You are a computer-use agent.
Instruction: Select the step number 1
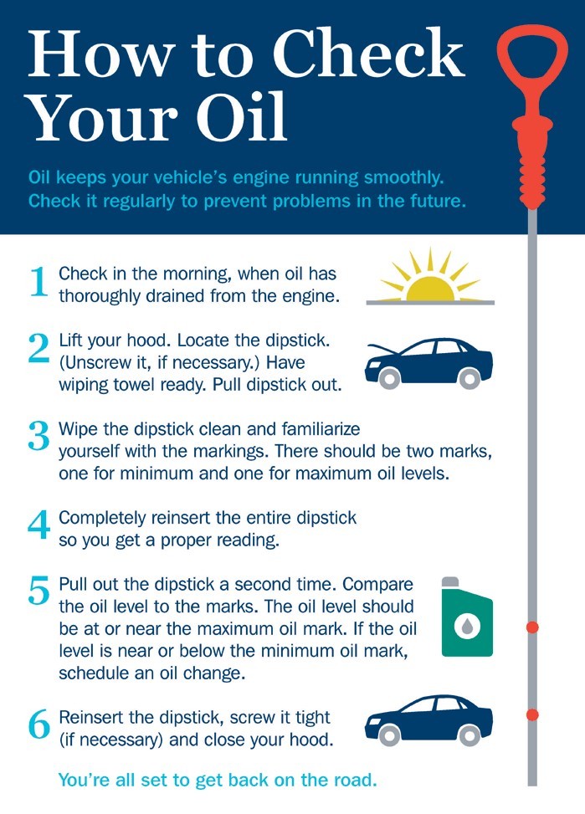[x=38, y=282]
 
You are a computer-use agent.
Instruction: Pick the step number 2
[x=39, y=348]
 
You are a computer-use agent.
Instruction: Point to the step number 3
[x=39, y=436]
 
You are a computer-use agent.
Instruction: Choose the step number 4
[x=39, y=525]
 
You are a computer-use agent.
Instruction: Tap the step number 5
[x=39, y=591]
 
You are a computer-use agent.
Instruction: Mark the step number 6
[x=39, y=724]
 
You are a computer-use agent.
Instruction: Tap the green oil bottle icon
[x=466, y=617]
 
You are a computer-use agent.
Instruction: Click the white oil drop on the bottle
[x=466, y=627]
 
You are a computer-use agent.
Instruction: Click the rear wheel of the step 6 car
[x=470, y=735]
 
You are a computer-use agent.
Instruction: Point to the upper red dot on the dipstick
[x=532, y=627]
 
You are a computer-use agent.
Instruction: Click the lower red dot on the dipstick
[x=532, y=714]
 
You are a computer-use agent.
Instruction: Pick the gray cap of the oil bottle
[x=450, y=582]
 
